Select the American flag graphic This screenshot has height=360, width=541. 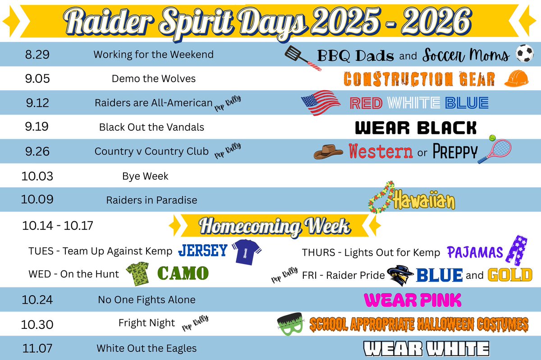click(x=321, y=103)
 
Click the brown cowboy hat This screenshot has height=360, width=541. click(x=330, y=151)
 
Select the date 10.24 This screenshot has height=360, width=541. click(x=37, y=299)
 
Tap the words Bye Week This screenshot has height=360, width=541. click(x=145, y=176)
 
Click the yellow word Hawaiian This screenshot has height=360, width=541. click(x=424, y=201)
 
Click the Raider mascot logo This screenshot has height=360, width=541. click(x=399, y=275)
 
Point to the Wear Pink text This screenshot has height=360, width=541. click(x=413, y=300)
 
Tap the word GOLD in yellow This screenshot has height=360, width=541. click(x=510, y=274)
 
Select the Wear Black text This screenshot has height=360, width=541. click(x=416, y=128)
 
